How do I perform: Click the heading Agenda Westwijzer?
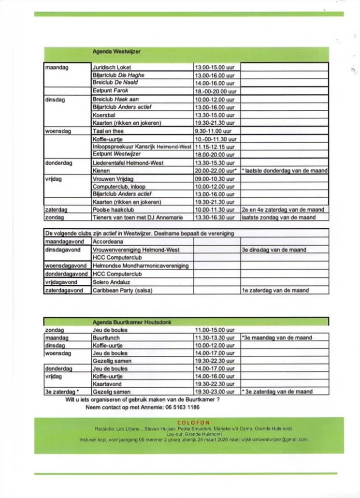[x=116, y=51]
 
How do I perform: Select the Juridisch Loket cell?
[x=112, y=67]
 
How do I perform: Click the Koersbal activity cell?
[x=104, y=115]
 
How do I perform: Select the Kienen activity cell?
[x=101, y=171]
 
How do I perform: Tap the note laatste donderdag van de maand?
[x=284, y=171]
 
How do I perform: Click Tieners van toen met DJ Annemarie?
[x=137, y=218]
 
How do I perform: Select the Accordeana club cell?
[x=107, y=241]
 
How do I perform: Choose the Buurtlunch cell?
[x=106, y=337]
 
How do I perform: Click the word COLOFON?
[x=193, y=423]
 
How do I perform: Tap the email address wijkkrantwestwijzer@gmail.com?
[x=274, y=439]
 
